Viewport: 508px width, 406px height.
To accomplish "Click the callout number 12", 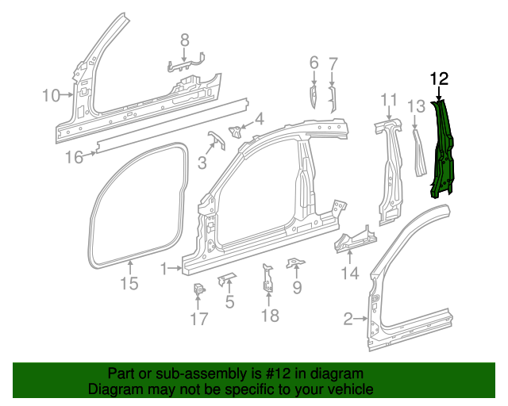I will [439, 79].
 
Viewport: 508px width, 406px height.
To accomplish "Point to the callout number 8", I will [184, 40].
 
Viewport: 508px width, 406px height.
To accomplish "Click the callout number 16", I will [73, 157].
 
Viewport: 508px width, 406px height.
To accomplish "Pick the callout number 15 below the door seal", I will [129, 283].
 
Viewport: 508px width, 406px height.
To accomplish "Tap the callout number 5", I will [229, 301].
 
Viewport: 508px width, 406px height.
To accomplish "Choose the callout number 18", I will [270, 316].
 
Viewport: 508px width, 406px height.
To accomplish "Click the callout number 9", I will [297, 288].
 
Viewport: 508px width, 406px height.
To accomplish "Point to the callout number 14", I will [350, 274].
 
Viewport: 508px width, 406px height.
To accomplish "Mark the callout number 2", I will [348, 320].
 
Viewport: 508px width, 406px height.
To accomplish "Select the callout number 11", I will [388, 99].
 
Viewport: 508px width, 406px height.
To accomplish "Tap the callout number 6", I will [314, 62].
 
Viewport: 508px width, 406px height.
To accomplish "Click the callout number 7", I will [333, 62].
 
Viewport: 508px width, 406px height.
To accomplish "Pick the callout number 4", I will [259, 120].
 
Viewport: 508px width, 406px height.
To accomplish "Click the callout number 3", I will [202, 163].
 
